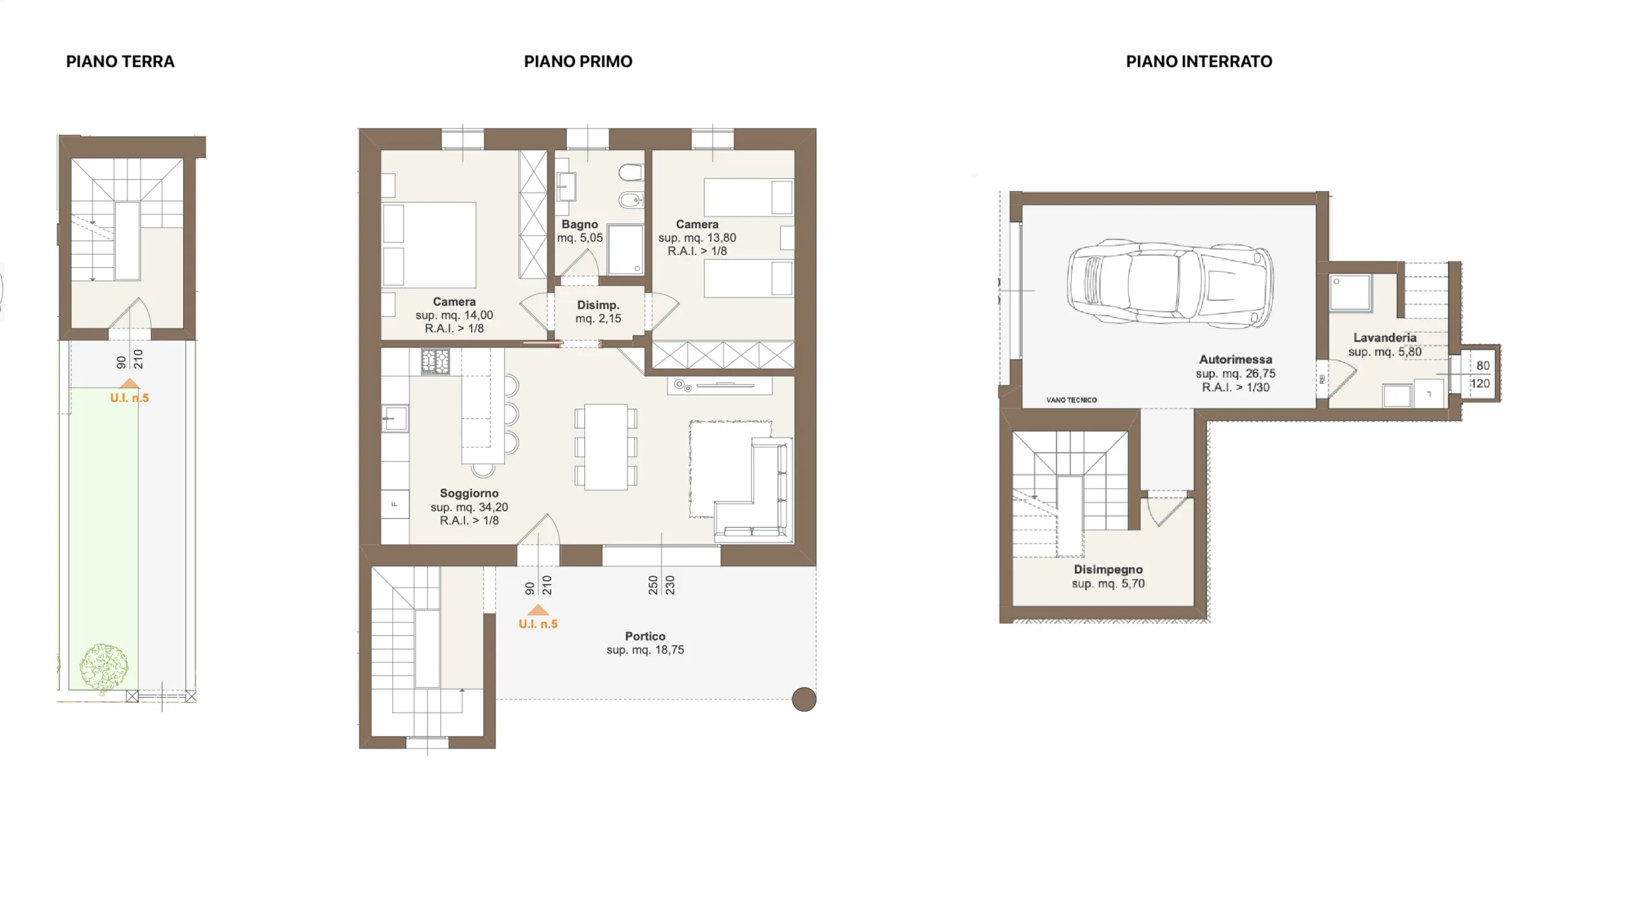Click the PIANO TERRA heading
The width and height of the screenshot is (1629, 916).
(120, 62)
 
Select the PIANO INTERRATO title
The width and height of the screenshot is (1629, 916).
(1199, 62)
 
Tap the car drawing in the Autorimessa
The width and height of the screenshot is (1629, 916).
(1170, 284)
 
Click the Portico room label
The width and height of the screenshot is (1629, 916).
(645, 643)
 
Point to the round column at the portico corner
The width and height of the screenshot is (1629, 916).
(804, 699)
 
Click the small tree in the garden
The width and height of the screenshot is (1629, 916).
(104, 667)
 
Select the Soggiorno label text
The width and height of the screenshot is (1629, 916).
(469, 506)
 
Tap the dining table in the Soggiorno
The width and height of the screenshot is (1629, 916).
(606, 447)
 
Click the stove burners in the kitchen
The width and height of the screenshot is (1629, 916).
(435, 361)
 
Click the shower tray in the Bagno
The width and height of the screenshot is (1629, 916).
(626, 249)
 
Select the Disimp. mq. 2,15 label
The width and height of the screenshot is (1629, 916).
(598, 312)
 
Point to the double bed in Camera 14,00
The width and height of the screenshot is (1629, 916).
(429, 245)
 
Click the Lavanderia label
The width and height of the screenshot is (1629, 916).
(1385, 344)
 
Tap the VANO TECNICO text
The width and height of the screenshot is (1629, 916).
(1072, 400)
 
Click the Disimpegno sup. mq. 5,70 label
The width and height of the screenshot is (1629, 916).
(1108, 576)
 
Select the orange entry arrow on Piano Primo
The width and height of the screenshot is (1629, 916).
(538, 609)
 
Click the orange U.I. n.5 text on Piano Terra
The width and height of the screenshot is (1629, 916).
(129, 398)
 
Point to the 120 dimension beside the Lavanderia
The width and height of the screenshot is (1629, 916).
(1480, 384)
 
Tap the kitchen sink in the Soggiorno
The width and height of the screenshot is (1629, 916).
(395, 419)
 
